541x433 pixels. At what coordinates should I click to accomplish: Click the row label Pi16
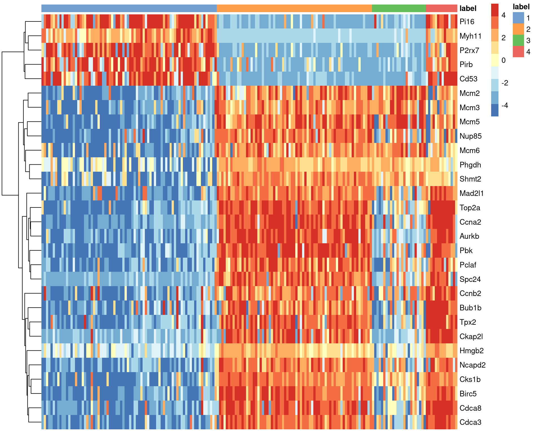coord(467,22)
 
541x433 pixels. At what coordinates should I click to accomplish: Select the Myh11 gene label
coord(470,36)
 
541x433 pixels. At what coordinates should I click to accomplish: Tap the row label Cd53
coord(468,79)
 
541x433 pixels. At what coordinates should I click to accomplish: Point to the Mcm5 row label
coord(469,122)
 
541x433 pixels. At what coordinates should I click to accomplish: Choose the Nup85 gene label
coord(470,136)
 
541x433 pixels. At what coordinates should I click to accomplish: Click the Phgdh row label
coord(470,165)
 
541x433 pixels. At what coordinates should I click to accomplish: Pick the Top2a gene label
coord(470,208)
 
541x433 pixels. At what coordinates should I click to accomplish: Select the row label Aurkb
coord(469,236)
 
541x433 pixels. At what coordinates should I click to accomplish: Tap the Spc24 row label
coord(470,279)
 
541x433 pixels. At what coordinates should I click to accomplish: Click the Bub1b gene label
coord(470,308)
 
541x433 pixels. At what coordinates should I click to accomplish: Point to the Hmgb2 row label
coord(471,351)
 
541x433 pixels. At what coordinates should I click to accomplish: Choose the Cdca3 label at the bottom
coord(470,422)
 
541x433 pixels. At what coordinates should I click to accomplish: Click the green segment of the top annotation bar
coord(399,8)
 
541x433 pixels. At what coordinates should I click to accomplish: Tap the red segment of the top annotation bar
coord(441,8)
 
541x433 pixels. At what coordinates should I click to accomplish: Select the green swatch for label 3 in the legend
coord(518,40)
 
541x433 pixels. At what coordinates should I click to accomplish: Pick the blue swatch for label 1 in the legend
coord(518,18)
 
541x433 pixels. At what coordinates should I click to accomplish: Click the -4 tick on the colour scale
coord(505,106)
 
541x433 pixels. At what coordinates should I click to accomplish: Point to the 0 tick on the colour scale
coord(504,60)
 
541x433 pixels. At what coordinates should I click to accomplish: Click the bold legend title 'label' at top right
coord(521,7)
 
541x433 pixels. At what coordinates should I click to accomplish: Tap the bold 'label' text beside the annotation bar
coord(468,8)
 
